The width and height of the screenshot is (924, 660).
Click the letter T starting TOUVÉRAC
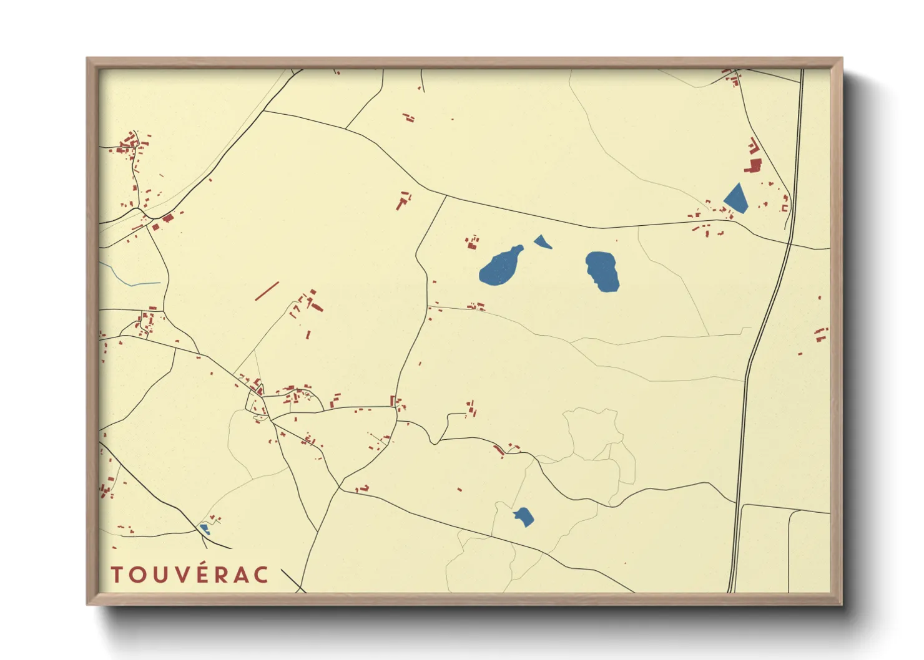[x=116, y=575]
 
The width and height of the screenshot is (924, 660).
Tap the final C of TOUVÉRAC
[x=261, y=575]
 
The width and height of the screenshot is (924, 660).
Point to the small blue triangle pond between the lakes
[x=542, y=241]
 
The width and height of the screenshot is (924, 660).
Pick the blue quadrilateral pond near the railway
[x=736, y=199]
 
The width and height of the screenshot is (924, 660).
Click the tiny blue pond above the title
[x=204, y=528]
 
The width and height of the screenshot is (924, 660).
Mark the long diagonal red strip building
[x=267, y=291]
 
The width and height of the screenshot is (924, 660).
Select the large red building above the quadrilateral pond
[x=754, y=166]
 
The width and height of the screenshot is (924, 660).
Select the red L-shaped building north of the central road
[x=403, y=201]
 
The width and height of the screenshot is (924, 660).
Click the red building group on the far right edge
[x=820, y=335]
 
